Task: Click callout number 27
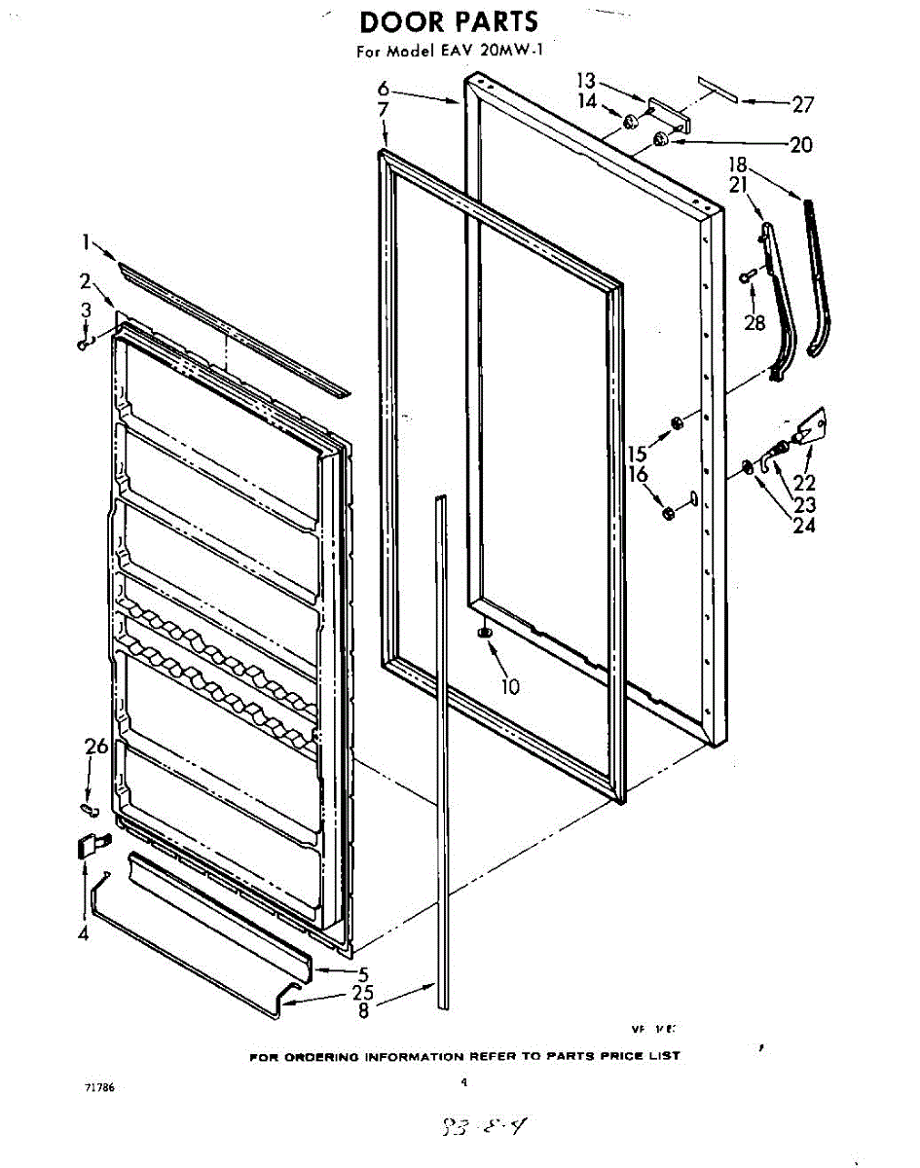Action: click(802, 103)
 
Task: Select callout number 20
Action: click(800, 145)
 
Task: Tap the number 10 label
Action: click(511, 686)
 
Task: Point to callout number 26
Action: click(95, 748)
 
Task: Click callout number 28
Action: click(754, 323)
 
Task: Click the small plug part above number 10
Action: click(484, 633)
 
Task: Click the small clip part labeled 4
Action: click(88, 845)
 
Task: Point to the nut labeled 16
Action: click(668, 513)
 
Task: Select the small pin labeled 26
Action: click(89, 808)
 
